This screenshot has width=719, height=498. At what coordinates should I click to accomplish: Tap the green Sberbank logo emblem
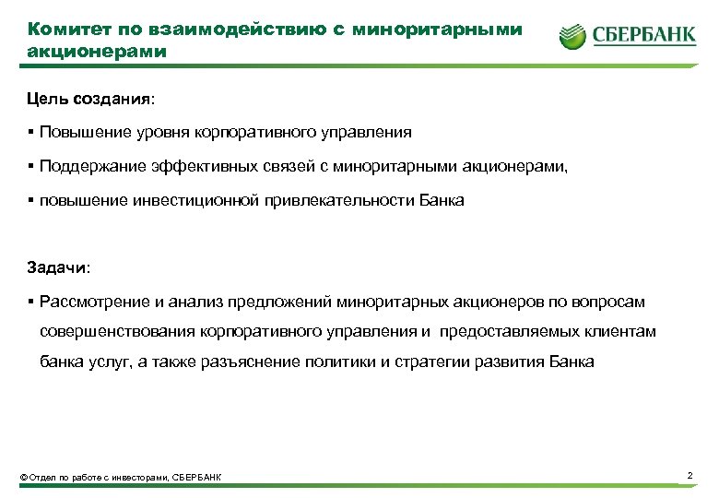click(572, 38)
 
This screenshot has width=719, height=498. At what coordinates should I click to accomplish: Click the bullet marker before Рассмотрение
click(30, 302)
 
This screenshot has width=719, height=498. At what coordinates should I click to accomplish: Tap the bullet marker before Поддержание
click(30, 166)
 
